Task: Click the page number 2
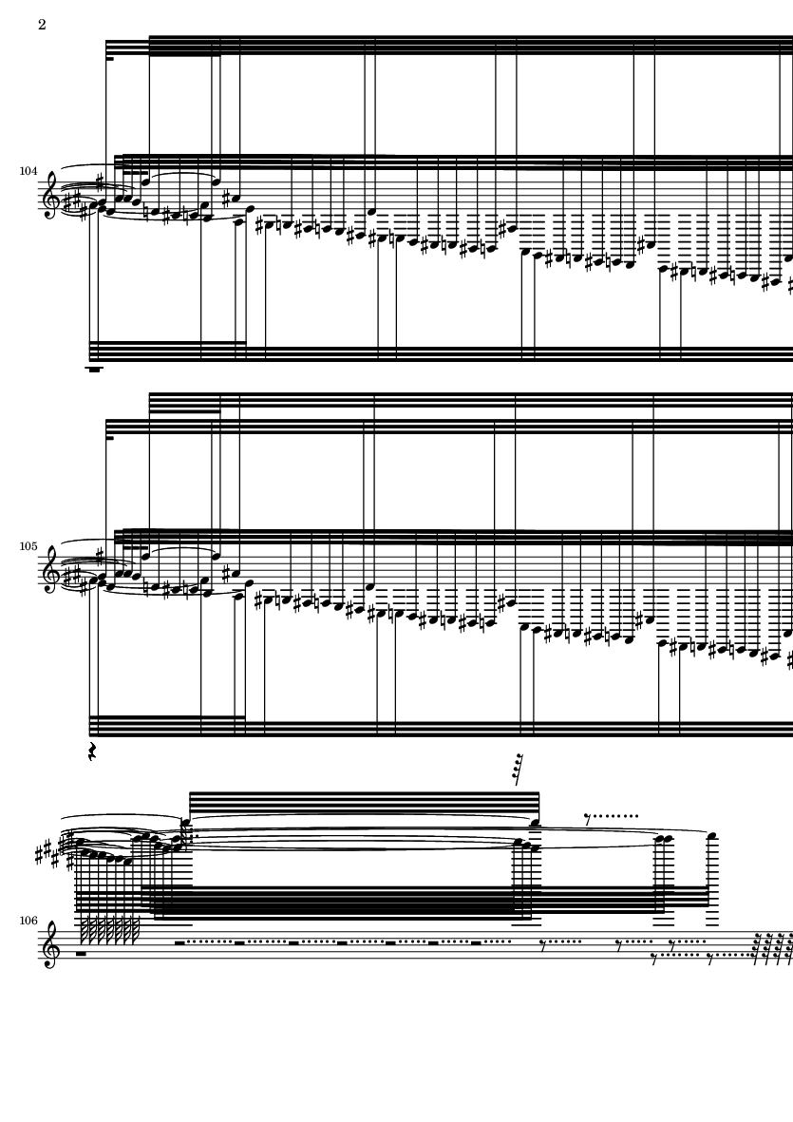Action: tap(42, 25)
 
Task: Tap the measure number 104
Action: tap(28, 171)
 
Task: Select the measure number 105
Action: tap(28, 546)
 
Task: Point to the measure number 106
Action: tap(28, 921)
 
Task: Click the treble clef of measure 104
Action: tap(50, 196)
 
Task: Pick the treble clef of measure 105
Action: tap(50, 570)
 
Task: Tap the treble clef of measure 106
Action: tap(50, 945)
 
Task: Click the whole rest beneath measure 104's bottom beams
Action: tap(94, 370)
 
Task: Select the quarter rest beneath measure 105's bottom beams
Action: tap(91, 751)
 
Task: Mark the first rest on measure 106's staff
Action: tap(81, 953)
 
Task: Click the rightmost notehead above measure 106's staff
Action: tap(712, 836)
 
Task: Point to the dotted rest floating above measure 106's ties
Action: tap(611, 816)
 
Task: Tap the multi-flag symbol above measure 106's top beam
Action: tap(519, 770)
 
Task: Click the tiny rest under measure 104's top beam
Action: tap(110, 60)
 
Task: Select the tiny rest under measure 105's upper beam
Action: tap(110, 439)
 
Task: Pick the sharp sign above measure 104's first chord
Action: tap(100, 181)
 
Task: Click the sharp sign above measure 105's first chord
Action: tap(100, 555)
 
